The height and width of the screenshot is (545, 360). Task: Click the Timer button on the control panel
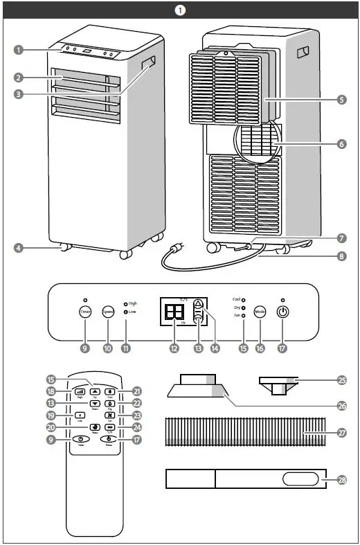point(84,312)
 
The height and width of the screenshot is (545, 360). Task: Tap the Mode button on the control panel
point(260,312)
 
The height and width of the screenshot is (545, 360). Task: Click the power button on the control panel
point(282,312)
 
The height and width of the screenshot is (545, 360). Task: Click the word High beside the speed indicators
point(133,303)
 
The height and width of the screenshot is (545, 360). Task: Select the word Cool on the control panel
point(235,299)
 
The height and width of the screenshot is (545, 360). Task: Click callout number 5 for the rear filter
point(342,99)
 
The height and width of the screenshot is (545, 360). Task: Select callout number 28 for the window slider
point(342,479)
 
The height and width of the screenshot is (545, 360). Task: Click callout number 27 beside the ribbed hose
point(342,432)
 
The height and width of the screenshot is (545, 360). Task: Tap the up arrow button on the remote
point(95,392)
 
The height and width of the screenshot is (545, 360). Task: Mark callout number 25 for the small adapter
point(342,380)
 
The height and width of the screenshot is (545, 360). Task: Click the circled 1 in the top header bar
point(180,10)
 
